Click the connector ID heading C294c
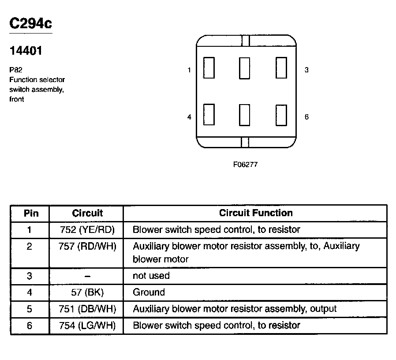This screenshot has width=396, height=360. (30, 24)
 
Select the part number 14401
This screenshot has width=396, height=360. (26, 51)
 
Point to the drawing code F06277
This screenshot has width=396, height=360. (245, 165)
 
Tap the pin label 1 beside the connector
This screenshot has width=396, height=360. (189, 70)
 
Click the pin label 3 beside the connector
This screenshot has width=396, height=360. (306, 70)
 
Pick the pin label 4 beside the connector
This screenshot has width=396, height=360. (189, 117)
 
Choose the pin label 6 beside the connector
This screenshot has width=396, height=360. (306, 117)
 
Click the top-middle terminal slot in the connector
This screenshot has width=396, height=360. (245, 68)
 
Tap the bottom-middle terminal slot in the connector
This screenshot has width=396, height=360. (245, 115)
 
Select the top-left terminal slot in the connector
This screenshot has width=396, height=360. (209, 68)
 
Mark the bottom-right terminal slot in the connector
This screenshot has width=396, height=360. (281, 115)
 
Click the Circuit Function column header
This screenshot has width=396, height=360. (256, 213)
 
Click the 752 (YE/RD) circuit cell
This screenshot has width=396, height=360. (87, 230)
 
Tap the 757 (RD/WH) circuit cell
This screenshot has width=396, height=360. (87, 246)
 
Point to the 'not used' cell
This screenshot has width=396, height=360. (151, 276)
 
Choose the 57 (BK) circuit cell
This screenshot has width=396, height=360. (87, 292)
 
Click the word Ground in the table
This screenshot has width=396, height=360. (149, 292)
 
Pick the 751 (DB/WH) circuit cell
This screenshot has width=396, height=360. (87, 309)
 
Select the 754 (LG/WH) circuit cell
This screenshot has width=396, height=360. (87, 326)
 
